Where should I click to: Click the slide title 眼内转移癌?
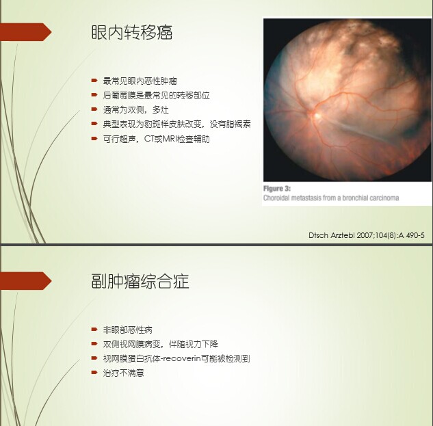[x=132, y=32]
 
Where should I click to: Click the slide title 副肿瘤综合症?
[x=140, y=281]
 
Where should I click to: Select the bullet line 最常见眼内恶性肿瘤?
[x=140, y=81]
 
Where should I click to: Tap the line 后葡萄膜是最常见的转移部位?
[x=156, y=96]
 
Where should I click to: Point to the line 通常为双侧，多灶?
[x=135, y=110]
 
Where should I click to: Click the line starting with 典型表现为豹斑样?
[x=176, y=124]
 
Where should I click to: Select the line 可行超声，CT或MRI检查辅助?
[x=156, y=139]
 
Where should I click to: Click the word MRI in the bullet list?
[x=169, y=139]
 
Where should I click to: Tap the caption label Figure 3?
[x=277, y=189]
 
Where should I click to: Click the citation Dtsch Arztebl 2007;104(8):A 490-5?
[x=367, y=235]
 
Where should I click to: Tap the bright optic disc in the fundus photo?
[x=317, y=116]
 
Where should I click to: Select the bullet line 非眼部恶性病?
[x=128, y=330]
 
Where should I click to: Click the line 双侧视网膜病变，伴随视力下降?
[x=161, y=344]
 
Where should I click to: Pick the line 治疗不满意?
[x=123, y=373]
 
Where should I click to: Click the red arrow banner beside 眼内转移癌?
[x=26, y=32]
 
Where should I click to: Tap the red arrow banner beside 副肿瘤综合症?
[x=26, y=281]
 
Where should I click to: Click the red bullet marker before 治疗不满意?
[x=94, y=373]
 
